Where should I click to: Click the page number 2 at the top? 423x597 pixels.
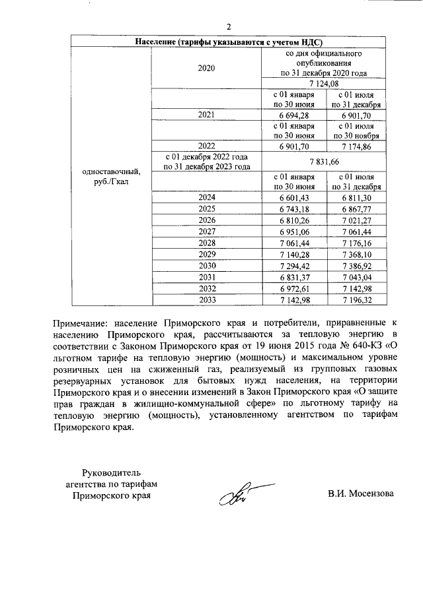(x=228, y=27)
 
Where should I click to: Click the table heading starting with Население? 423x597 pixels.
(x=228, y=42)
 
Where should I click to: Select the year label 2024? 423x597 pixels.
(x=207, y=197)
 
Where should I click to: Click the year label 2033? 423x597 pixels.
(x=207, y=300)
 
